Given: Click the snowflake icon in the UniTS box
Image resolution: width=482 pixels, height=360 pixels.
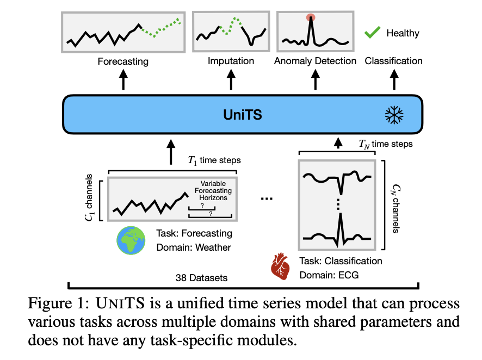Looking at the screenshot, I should [x=393, y=115].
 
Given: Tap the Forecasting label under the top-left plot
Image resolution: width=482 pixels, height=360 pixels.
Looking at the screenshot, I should [x=123, y=61].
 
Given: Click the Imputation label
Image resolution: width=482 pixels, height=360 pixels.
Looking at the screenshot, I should [x=231, y=60].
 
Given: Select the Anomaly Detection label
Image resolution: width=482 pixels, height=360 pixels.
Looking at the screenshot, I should [x=315, y=61].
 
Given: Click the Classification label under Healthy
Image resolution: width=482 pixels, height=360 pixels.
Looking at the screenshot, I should [x=393, y=60].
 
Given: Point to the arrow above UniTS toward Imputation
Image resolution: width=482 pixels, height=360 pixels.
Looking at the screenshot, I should [x=231, y=80].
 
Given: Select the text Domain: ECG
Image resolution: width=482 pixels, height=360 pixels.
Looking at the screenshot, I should [x=329, y=275].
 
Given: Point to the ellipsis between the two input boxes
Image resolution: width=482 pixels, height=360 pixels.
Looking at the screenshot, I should [x=267, y=198].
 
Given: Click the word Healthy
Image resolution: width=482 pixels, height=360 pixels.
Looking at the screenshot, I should [x=403, y=33].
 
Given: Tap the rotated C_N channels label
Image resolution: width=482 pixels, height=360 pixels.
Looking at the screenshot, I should [x=394, y=199].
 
